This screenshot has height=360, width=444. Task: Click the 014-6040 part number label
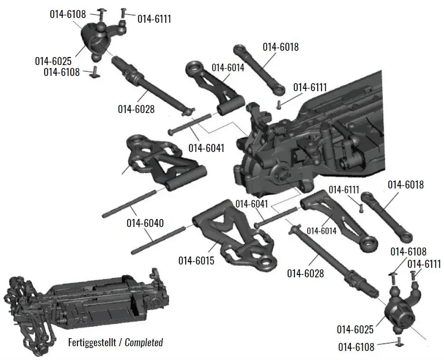tap(145, 223)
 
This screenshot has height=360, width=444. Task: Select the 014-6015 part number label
tap(197, 261)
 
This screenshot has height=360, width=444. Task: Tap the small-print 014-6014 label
tap(321, 231)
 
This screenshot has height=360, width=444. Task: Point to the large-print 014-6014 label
tap(227, 68)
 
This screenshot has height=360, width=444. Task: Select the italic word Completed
tap(144, 342)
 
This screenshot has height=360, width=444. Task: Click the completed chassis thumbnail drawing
tap(85, 304)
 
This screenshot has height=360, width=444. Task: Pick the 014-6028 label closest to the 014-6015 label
tap(305, 273)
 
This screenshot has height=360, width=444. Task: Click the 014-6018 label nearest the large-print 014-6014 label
tap(280, 47)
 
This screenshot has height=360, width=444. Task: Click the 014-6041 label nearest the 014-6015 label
tap(252, 204)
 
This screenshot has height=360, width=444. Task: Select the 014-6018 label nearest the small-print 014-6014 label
tap(406, 185)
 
